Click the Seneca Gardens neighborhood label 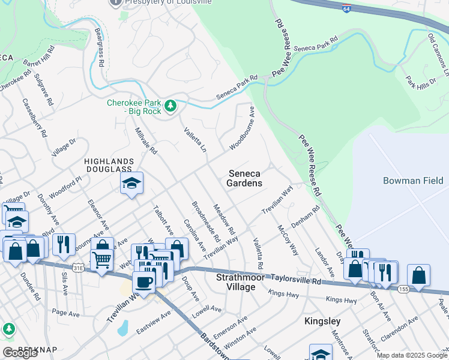point(245,178)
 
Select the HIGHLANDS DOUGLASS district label point(109,166)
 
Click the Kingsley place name point(322,321)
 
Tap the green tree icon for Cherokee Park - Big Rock point(171,106)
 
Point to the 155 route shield point(405,289)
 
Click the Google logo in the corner point(20,353)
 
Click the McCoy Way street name point(288,239)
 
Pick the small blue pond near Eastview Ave point(123,328)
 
